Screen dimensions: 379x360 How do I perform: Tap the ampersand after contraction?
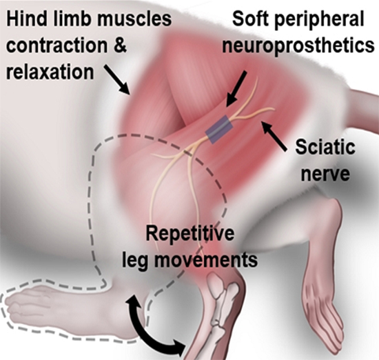[119, 46]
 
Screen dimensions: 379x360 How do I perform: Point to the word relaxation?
[50, 72]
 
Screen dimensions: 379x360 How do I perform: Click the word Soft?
[250, 19]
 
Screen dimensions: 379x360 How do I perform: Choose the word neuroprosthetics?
[298, 46]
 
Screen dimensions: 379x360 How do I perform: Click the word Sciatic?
[325, 147]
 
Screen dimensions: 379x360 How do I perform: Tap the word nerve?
[325, 174]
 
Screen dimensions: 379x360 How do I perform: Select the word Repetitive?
[190, 234]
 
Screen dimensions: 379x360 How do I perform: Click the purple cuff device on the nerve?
[219, 129]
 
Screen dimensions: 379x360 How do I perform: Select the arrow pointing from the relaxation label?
[117, 79]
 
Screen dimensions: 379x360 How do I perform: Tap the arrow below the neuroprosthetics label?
[236, 88]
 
